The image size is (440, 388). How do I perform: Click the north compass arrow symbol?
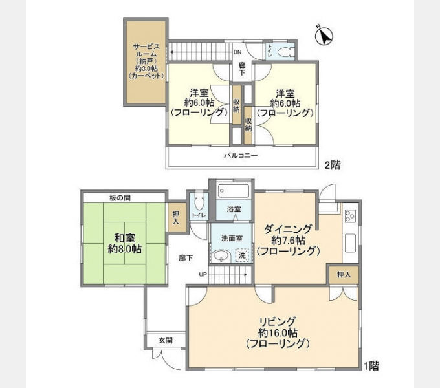[x=324, y=36]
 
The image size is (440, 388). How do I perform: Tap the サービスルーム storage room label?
[x=146, y=61]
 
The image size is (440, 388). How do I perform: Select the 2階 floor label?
[x=333, y=165]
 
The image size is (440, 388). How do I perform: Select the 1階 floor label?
[x=371, y=366]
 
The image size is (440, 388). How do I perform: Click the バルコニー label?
[x=241, y=156]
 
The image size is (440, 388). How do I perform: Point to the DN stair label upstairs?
[x=237, y=52]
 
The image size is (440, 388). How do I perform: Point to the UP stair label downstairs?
[x=203, y=274]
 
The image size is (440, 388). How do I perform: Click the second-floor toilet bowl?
[x=285, y=52]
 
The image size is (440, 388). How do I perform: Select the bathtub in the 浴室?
[x=234, y=191]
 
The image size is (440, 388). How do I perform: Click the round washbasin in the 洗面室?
[x=222, y=255]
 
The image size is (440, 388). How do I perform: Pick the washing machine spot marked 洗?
[x=242, y=255]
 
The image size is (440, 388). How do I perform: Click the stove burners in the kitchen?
[x=350, y=216]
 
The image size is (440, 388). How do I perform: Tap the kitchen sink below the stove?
[x=350, y=243]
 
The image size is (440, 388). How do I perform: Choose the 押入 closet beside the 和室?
[x=176, y=217]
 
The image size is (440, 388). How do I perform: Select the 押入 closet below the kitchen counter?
[x=344, y=274]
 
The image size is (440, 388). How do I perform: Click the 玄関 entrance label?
[x=166, y=341]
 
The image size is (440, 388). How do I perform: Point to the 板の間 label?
[x=120, y=198]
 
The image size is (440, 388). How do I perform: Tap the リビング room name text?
[x=278, y=321]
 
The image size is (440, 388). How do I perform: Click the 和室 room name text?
[x=125, y=238]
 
